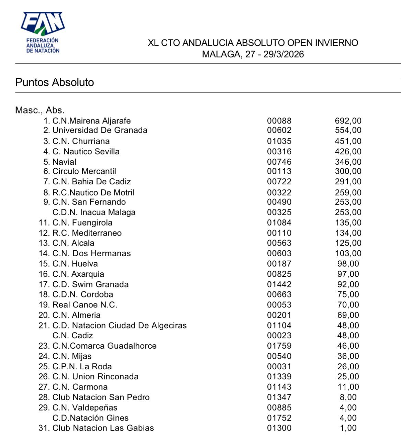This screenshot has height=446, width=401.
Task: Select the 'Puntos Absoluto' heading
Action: coord(55,82)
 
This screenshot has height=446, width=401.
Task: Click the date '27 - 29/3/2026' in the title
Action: coord(275,54)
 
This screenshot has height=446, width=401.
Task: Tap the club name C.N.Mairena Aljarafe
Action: coord(91,121)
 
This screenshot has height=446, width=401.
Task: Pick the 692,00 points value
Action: coord(348,121)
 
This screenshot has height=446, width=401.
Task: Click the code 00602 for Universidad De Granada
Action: coord(279,130)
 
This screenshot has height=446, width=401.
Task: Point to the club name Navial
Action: coord(64,162)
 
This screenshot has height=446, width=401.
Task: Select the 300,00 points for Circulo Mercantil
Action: coord(348,171)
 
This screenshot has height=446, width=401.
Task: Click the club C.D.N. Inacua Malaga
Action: coord(94,212)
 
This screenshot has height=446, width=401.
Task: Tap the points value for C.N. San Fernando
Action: coord(348,202)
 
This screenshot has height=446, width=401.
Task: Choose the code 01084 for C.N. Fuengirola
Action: coord(279,223)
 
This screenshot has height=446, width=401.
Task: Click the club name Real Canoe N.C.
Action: coord(85,305)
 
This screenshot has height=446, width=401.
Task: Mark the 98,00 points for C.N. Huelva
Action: coord(348,264)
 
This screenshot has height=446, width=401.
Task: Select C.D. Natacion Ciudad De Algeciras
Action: coord(119,325)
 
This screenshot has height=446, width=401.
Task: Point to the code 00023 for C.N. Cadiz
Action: coord(279,336)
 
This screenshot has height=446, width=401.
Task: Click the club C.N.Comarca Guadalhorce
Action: coord(104,346)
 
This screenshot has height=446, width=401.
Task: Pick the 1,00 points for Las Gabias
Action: coord(348,428)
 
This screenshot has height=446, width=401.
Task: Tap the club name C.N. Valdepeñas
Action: coord(85,407)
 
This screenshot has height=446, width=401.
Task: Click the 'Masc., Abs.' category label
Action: coord(40,110)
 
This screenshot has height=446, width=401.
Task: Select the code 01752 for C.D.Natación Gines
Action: coord(279,418)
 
